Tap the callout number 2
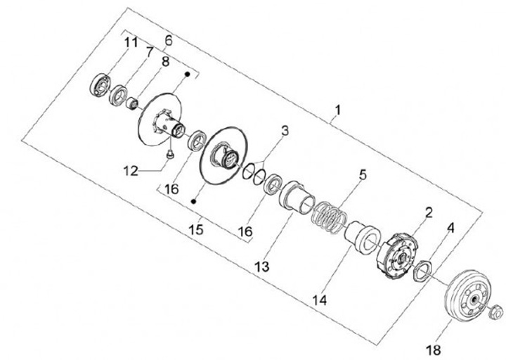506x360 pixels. coord(429,211)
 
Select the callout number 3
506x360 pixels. coord(285,131)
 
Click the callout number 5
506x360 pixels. coord(362,174)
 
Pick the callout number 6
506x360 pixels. coord(167,41)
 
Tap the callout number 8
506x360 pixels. coord(165,61)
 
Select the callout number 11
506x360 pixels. coord(131,44)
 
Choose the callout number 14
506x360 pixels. coord(320,299)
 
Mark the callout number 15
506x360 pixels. coord(195,230)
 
